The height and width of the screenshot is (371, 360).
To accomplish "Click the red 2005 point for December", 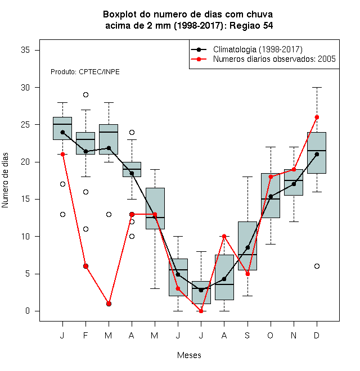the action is [x=317, y=117].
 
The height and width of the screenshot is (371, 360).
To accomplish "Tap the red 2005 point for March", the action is [x=109, y=304].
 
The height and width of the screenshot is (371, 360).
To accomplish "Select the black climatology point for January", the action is [x=62, y=132].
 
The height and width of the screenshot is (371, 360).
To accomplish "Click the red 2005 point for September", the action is [x=247, y=274].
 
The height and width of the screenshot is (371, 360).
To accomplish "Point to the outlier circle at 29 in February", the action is [x=85, y=95].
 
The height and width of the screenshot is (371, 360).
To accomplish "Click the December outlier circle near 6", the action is [x=317, y=266].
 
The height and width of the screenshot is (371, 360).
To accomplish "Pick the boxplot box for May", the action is [x=155, y=209].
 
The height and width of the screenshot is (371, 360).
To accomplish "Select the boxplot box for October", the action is [x=271, y=196].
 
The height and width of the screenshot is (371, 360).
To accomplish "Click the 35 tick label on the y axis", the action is [x=25, y=50].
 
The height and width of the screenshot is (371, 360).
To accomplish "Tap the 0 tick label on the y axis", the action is [x=28, y=311].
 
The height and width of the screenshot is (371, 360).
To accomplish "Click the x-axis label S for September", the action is [x=247, y=335].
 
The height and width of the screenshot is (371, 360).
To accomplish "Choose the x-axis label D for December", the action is [x=317, y=335].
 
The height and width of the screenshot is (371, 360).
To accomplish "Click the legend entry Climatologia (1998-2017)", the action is [x=258, y=49].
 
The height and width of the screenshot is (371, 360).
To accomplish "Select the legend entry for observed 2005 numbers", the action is [x=274, y=59].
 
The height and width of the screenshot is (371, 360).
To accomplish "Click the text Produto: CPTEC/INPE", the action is [x=85, y=72].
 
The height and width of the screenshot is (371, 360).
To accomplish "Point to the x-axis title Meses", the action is [x=189, y=355].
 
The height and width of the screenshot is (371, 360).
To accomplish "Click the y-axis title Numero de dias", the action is [x=5, y=180].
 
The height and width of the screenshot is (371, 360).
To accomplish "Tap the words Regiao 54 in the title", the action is [x=251, y=26].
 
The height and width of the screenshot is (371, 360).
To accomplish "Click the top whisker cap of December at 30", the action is [x=317, y=87].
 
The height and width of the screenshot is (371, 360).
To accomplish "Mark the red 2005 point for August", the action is [x=224, y=236].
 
